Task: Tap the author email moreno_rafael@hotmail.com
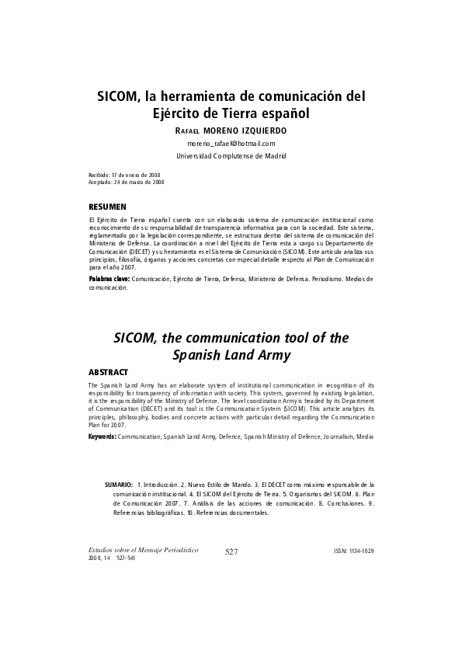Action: click(231, 144)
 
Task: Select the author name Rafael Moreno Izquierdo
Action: click(231, 130)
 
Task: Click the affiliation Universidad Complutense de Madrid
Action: click(231, 156)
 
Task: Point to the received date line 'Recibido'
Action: click(125, 176)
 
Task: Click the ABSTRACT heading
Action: click(108, 373)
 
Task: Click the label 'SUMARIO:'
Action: click(119, 485)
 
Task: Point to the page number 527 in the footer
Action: click(231, 551)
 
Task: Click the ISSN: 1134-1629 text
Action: click(353, 551)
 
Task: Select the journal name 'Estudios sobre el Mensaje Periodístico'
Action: click(144, 550)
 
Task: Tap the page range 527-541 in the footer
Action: click(123, 558)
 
